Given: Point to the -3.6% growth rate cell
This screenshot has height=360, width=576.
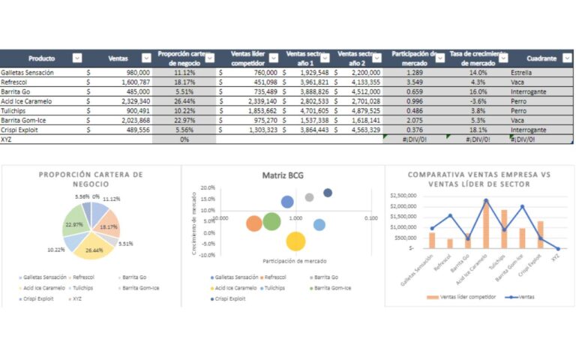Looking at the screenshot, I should coord(478,100).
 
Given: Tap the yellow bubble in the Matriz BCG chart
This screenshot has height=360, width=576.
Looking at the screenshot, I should coord(295,241).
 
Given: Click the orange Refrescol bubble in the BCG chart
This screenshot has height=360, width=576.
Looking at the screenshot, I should coord(254,223).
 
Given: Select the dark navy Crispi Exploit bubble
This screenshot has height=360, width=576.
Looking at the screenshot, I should coord(328,193).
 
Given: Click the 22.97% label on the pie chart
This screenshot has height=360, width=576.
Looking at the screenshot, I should coord(73,224).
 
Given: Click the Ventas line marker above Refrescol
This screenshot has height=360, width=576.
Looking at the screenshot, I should coord(450,215).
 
